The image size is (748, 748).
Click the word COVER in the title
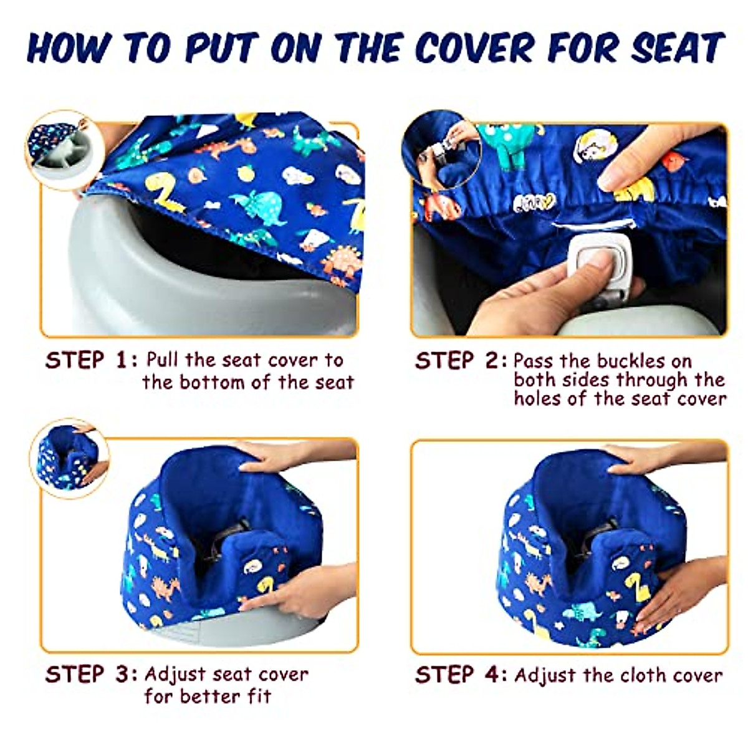click(x=475, y=47)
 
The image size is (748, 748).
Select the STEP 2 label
click(x=460, y=362)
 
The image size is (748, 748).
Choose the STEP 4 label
click(x=460, y=675)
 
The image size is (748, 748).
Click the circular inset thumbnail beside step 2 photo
click(x=441, y=150)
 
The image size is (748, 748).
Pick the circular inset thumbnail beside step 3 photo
click(x=69, y=458)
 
